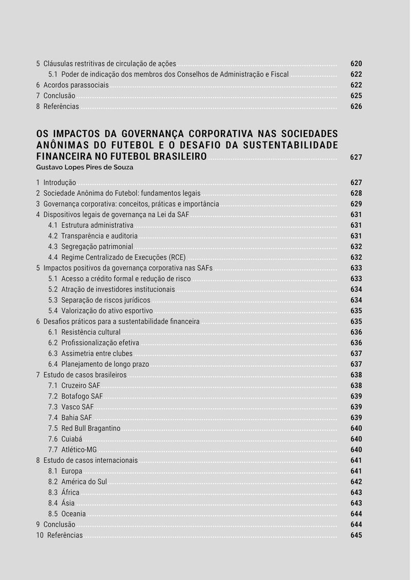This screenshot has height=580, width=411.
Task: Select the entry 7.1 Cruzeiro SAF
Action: [74, 386]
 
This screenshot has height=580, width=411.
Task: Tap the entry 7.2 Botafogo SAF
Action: [76, 396]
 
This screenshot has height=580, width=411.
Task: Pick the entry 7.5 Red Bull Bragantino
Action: [84, 428]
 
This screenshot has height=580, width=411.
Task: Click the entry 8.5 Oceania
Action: [67, 514]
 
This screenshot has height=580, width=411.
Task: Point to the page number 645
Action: [356, 535]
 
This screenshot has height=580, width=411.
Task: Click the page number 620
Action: [356, 64]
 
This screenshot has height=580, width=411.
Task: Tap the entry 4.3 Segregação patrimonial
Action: [90, 247]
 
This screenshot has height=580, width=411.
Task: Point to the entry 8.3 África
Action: [64, 493]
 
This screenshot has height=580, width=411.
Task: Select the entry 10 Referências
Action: [60, 535]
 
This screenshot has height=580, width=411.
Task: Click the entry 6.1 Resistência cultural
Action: [84, 332]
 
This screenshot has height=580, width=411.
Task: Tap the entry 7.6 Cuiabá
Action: [65, 439]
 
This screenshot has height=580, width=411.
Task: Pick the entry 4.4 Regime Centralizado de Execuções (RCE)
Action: [117, 258]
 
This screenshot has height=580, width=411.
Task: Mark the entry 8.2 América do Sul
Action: [78, 482]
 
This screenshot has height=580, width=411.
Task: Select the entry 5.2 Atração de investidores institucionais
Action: [111, 289]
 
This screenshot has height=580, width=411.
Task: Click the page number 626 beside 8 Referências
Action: [356, 106]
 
